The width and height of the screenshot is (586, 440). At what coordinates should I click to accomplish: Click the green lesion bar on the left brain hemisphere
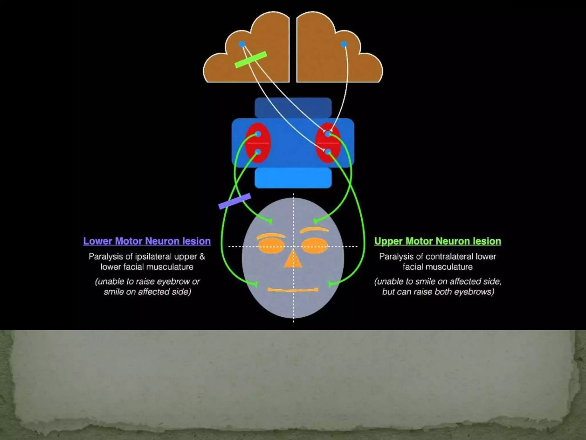[x=251, y=60]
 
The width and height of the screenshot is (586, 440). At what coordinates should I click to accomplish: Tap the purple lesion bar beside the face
[x=235, y=201]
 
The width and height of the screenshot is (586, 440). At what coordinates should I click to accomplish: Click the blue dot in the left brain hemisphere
[x=242, y=44]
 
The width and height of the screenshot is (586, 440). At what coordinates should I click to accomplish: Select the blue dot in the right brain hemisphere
[x=344, y=44]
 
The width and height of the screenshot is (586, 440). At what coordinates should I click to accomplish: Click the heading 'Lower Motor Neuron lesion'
[x=147, y=241]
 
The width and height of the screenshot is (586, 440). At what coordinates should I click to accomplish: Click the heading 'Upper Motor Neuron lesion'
[x=437, y=241]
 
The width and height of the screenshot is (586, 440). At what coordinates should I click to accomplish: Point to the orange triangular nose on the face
[x=293, y=260]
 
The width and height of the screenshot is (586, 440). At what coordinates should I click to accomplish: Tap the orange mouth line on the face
[x=293, y=290]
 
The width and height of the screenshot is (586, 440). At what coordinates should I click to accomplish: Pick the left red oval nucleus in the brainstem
[x=258, y=143]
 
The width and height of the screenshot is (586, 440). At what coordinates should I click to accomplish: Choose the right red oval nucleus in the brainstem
[x=328, y=143]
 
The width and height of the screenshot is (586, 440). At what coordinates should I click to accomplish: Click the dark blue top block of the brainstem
[x=293, y=107]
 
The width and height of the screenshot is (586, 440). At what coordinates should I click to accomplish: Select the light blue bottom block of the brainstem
[x=293, y=178]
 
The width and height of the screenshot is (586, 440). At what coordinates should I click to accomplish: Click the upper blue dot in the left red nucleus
[x=258, y=134]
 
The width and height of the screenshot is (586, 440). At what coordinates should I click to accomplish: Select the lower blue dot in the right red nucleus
[x=328, y=152]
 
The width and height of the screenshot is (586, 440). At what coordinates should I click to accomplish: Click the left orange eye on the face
[x=271, y=246]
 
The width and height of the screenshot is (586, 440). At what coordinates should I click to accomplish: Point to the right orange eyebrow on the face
[x=314, y=230]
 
